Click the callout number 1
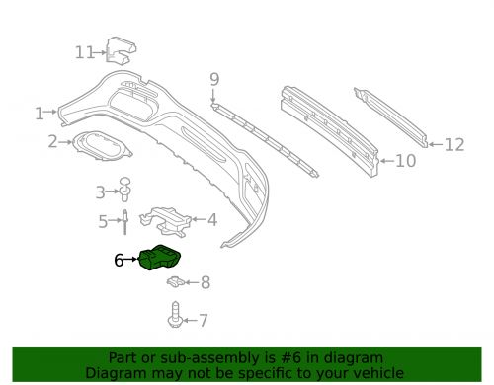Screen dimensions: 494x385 pos(40,114)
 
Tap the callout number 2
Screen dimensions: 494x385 pos(52,142)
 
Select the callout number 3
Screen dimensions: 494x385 pos(100,192)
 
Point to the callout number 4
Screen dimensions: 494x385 pos(211,220)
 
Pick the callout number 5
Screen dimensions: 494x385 pos(103,222)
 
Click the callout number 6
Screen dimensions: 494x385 pos(119,261)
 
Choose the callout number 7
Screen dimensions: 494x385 pos(204,320)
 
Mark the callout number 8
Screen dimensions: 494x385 pos(205,284)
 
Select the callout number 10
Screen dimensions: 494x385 pos(405,159)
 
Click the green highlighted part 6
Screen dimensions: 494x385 pos(161,261)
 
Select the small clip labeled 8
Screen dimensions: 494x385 pos(174,283)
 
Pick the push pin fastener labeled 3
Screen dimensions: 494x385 pos(125,189)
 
